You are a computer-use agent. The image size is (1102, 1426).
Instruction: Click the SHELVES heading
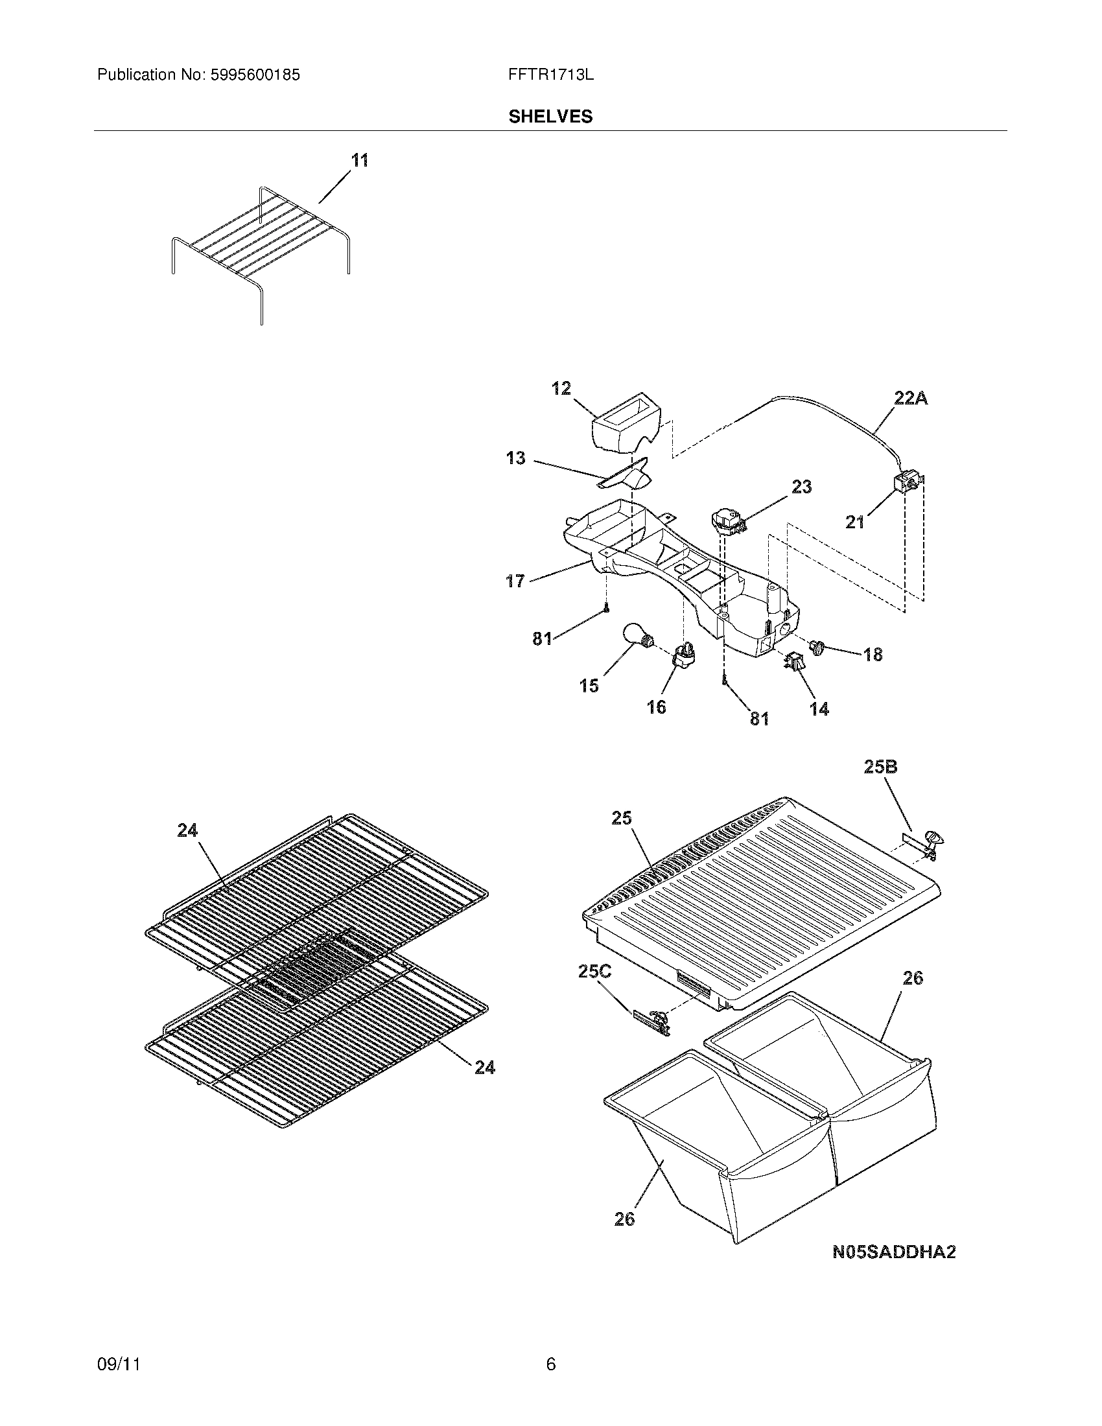(x=550, y=116)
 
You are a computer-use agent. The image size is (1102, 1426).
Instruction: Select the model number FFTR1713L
(x=550, y=75)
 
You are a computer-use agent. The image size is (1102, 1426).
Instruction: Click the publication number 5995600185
(x=255, y=75)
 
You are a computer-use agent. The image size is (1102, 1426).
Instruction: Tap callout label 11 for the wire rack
(x=360, y=160)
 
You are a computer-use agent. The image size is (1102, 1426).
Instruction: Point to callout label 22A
(x=910, y=398)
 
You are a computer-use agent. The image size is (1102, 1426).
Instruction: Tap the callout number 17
(x=515, y=581)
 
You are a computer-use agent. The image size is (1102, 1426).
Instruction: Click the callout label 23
(x=802, y=486)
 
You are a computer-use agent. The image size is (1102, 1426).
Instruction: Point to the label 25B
(x=880, y=767)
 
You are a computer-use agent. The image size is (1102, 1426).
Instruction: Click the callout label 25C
(x=594, y=989)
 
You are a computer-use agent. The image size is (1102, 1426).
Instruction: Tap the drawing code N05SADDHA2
(x=894, y=1252)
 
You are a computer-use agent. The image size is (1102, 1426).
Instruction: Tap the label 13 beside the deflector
(x=515, y=458)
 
